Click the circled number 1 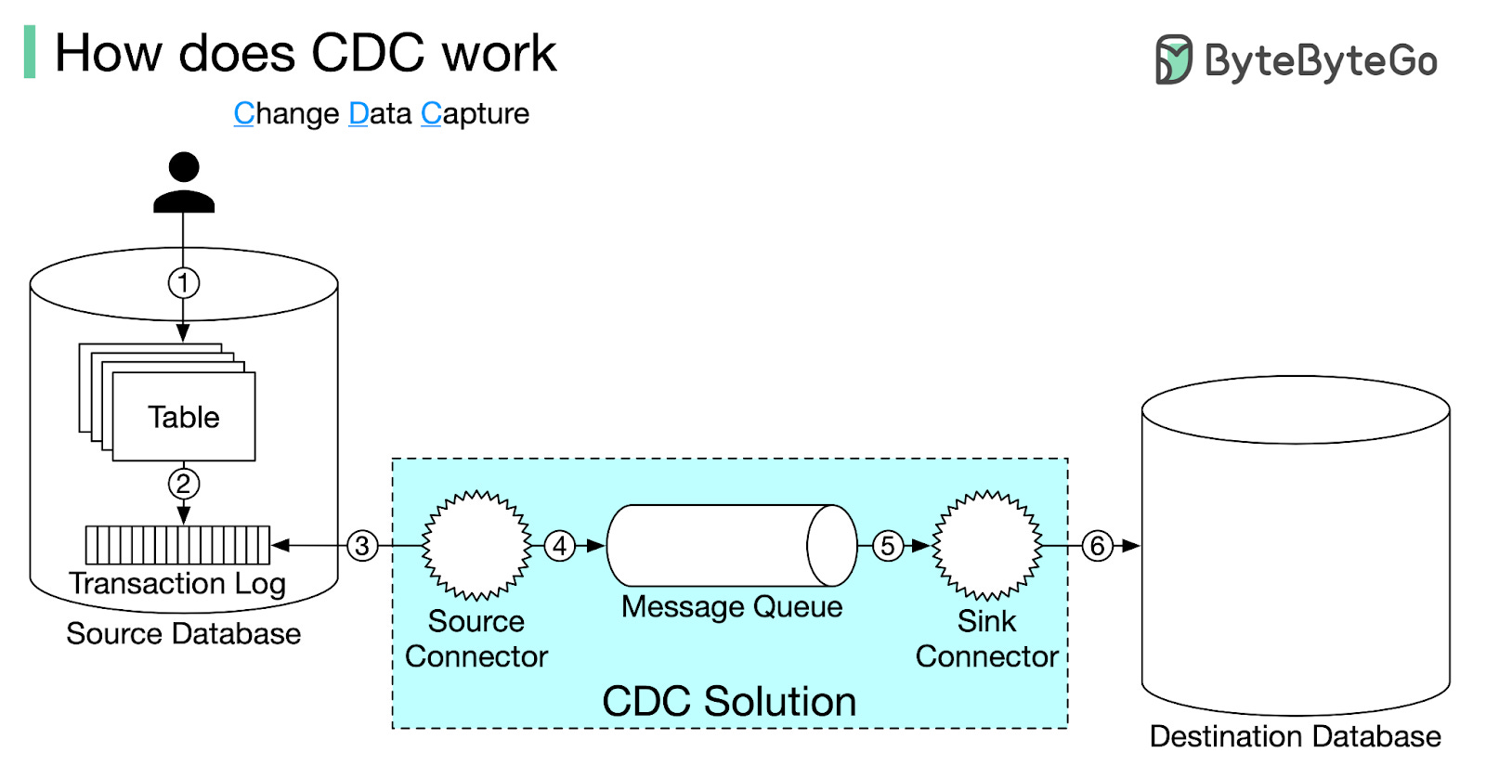(x=184, y=282)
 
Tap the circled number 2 (x=184, y=483)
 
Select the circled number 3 (x=363, y=546)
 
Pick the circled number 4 (x=560, y=546)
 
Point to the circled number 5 (x=888, y=546)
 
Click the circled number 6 (x=1098, y=546)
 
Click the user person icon (x=184, y=183)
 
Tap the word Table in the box (x=184, y=417)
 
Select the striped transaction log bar (x=177, y=545)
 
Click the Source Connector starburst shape (x=476, y=545)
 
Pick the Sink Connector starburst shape (x=986, y=545)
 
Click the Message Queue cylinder (x=731, y=545)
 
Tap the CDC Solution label (x=729, y=701)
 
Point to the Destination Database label (x=1295, y=736)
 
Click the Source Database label (x=184, y=634)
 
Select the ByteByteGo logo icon (x=1173, y=60)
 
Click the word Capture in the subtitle (x=476, y=113)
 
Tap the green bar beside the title (x=30, y=52)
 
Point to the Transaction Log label (x=177, y=583)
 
